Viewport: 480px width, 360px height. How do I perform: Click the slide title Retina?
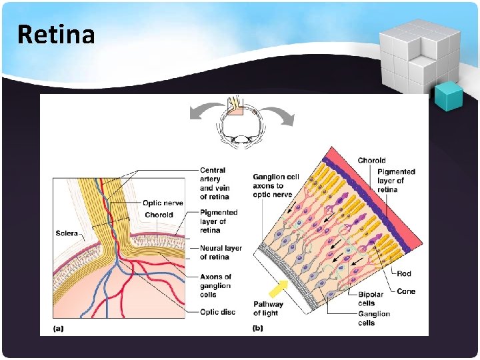(x=57, y=34)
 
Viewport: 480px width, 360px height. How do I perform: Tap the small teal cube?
(x=448, y=97)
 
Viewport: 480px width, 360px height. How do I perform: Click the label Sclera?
(x=67, y=233)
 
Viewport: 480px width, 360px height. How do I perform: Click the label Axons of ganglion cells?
(x=215, y=285)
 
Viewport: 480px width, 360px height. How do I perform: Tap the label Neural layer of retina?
(x=221, y=252)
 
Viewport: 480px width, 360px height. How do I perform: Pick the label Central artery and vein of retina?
(x=214, y=183)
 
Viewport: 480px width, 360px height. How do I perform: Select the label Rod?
(x=404, y=273)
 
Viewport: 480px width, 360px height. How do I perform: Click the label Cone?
(x=406, y=291)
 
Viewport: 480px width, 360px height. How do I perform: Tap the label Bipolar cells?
(x=371, y=299)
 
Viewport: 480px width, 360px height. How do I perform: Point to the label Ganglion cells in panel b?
(x=374, y=318)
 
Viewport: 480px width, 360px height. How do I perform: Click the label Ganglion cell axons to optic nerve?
(x=276, y=185)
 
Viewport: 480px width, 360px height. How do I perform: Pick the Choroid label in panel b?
(x=371, y=160)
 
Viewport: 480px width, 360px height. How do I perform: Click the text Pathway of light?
(x=268, y=309)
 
